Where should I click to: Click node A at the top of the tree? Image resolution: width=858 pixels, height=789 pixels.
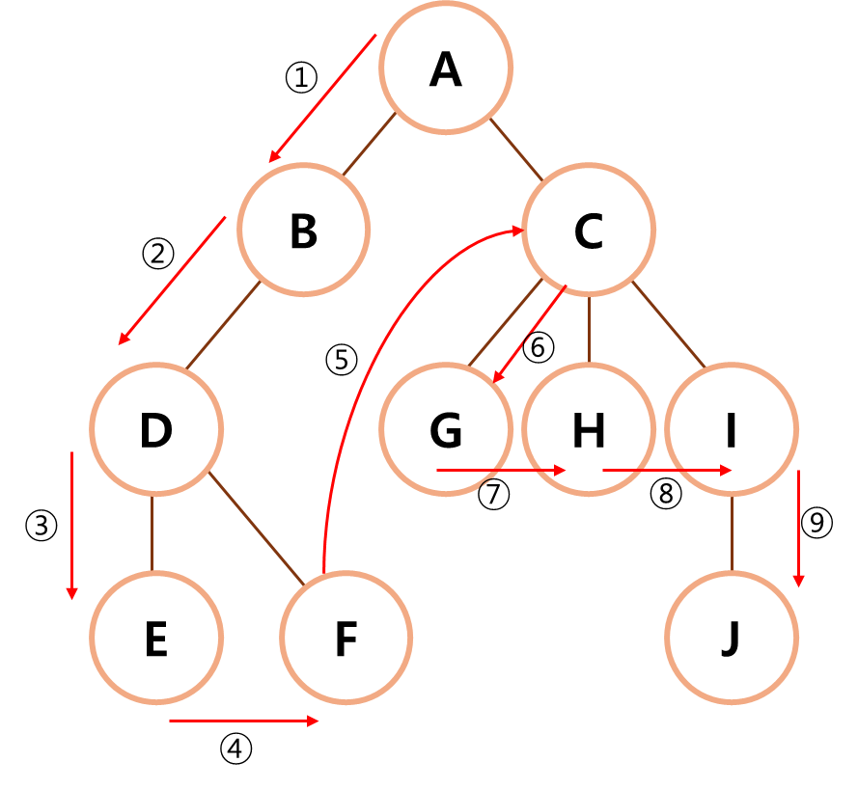pyautogui.click(x=446, y=68)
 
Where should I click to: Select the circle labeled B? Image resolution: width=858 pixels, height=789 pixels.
pyautogui.click(x=304, y=230)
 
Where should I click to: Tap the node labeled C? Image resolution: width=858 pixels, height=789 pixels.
pyautogui.click(x=589, y=230)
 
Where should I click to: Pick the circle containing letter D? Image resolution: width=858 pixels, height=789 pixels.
pyautogui.click(x=156, y=429)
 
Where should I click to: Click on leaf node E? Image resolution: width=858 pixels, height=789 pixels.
pyautogui.click(x=156, y=638)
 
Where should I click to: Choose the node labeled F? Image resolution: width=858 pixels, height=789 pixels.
pyautogui.click(x=346, y=638)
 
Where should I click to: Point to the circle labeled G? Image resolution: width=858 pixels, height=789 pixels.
pyautogui.click(x=446, y=429)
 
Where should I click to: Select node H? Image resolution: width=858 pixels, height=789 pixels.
pyautogui.click(x=589, y=429)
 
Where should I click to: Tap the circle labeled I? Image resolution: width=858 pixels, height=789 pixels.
pyautogui.click(x=732, y=429)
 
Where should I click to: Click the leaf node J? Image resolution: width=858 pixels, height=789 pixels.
pyautogui.click(x=732, y=638)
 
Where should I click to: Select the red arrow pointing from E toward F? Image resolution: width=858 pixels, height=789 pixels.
pyautogui.click(x=243, y=721)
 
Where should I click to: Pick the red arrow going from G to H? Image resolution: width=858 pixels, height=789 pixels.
pyautogui.click(x=500, y=471)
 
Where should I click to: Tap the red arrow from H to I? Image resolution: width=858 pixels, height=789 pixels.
pyautogui.click(x=666, y=471)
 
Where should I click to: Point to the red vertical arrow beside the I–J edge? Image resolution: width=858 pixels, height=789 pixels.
pyautogui.click(x=798, y=529)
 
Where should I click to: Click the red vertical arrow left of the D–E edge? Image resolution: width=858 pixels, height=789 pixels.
pyautogui.click(x=71, y=526)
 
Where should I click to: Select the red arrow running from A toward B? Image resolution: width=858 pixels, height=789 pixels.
pyautogui.click(x=322, y=97)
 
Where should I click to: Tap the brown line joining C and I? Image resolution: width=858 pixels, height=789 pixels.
pyautogui.click(x=669, y=325)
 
